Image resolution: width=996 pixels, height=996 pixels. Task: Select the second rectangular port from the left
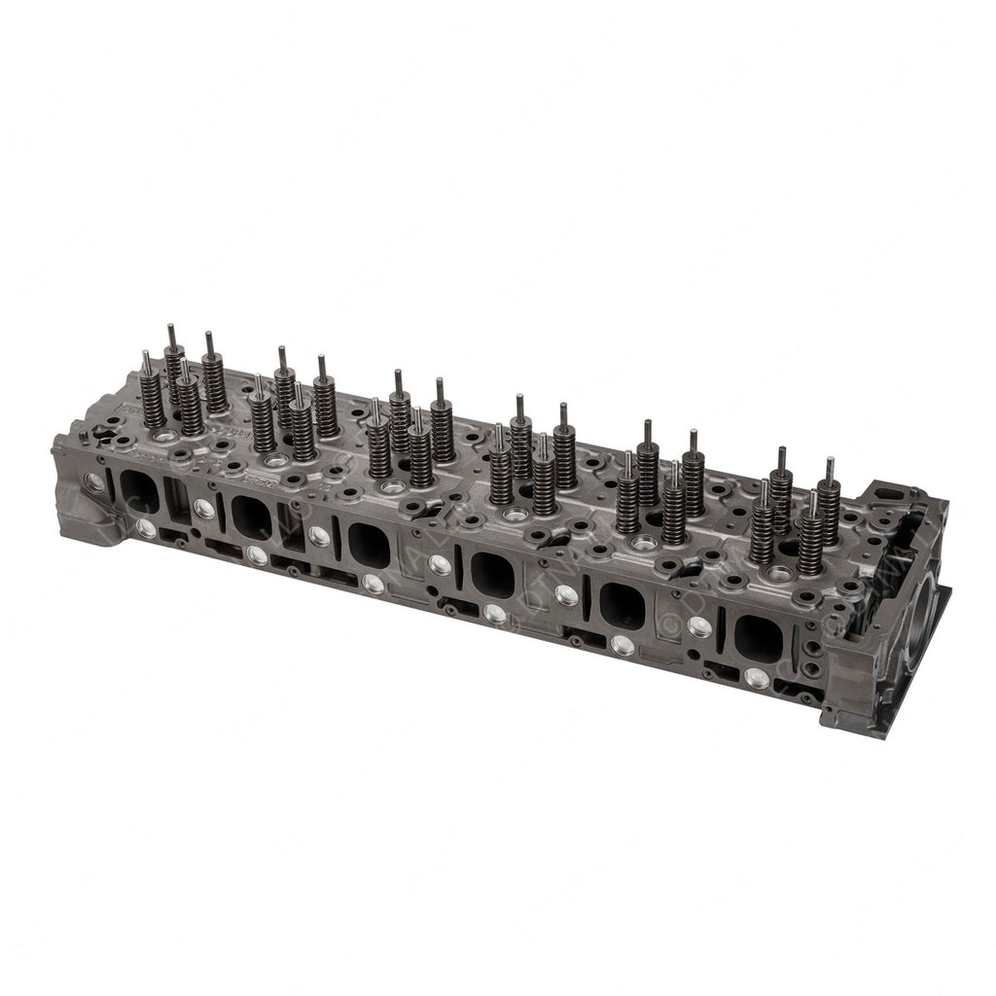[x=252, y=516]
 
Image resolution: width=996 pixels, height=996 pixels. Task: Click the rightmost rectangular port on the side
[x=758, y=640]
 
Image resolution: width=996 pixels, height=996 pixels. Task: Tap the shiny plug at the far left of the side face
[x=94, y=480]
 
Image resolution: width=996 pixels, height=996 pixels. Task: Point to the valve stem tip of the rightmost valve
[x=830, y=464]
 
